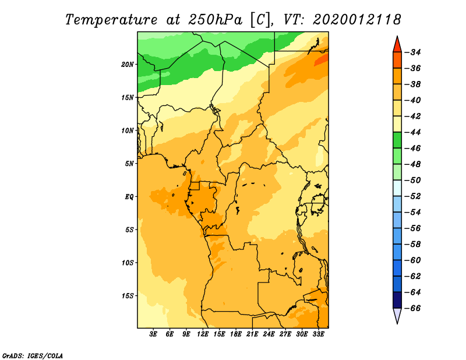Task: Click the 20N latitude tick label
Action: point(128,65)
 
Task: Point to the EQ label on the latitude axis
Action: point(129,197)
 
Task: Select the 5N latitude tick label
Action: point(129,164)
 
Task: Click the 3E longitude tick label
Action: point(153,334)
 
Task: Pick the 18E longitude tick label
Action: point(236,334)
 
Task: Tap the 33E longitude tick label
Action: point(318,334)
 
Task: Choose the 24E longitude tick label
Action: point(269,334)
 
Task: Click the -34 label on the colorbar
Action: point(412,52)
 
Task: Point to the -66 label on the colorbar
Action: point(412,308)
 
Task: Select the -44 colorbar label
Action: point(412,132)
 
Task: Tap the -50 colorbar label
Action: point(412,180)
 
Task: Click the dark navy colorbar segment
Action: point(397,300)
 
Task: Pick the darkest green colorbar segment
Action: point(397,140)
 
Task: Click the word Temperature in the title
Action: point(111,20)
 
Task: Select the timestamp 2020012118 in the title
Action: point(357,20)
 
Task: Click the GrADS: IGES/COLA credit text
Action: point(33,355)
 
